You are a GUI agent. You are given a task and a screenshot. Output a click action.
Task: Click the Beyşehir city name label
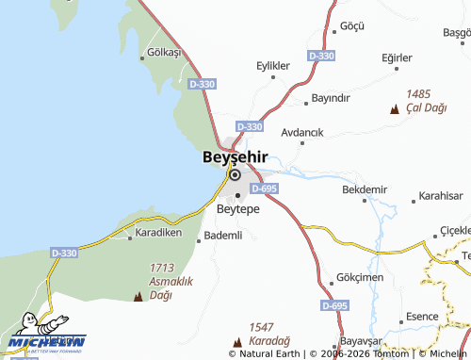click(x=235, y=156)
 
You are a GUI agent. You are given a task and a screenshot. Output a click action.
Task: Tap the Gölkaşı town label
click(x=164, y=53)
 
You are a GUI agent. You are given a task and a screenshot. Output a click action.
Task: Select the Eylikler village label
click(x=273, y=65)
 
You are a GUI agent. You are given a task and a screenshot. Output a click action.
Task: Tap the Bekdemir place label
click(x=365, y=189)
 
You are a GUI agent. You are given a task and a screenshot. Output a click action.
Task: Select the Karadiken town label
click(x=157, y=231)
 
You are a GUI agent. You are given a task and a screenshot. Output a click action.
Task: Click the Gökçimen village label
click(x=359, y=279)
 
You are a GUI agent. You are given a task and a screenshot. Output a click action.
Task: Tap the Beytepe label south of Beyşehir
click(x=237, y=208)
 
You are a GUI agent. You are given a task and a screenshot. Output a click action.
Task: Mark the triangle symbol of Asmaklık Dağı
click(x=139, y=297)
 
